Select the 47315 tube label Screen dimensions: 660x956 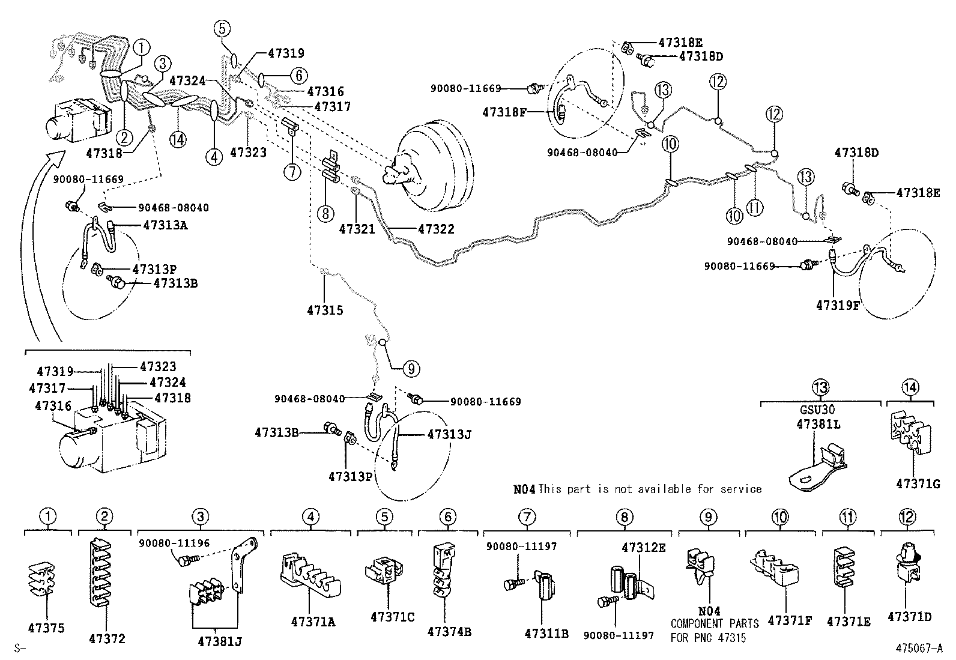click(x=325, y=310)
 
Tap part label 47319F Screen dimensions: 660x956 click(x=838, y=305)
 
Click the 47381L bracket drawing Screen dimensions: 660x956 click(x=817, y=463)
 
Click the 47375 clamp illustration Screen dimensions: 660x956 click(x=45, y=579)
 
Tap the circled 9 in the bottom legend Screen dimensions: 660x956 click(x=709, y=516)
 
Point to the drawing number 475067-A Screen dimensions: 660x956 click(x=919, y=648)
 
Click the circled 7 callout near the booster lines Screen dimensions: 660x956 click(x=292, y=172)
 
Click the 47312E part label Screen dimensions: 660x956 click(x=644, y=547)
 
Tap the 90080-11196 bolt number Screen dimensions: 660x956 click(x=174, y=543)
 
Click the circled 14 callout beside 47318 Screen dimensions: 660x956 click(x=178, y=139)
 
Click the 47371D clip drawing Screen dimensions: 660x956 click(x=909, y=565)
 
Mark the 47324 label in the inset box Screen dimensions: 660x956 click(x=168, y=382)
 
